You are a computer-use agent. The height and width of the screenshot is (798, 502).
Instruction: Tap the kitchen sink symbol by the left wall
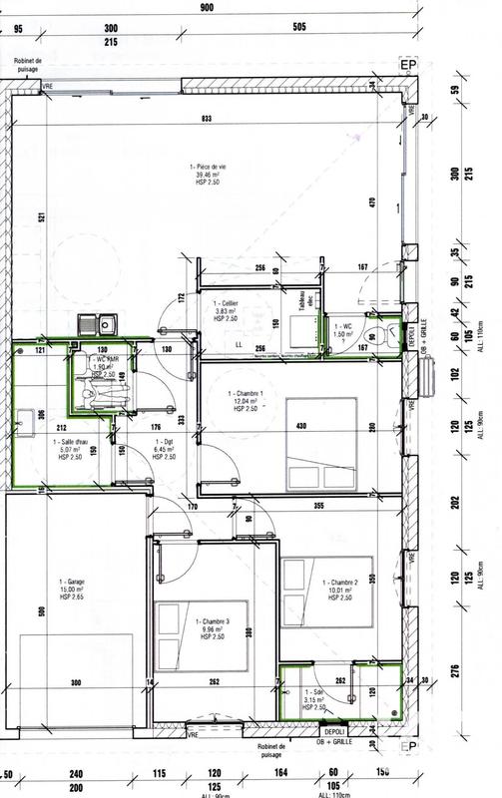[x=99, y=322]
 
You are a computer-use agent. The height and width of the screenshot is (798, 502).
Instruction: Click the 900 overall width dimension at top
[x=207, y=7]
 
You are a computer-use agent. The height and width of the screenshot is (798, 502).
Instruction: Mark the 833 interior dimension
[x=207, y=119]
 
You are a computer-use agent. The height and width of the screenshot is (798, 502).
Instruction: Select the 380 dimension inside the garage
[x=75, y=683]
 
